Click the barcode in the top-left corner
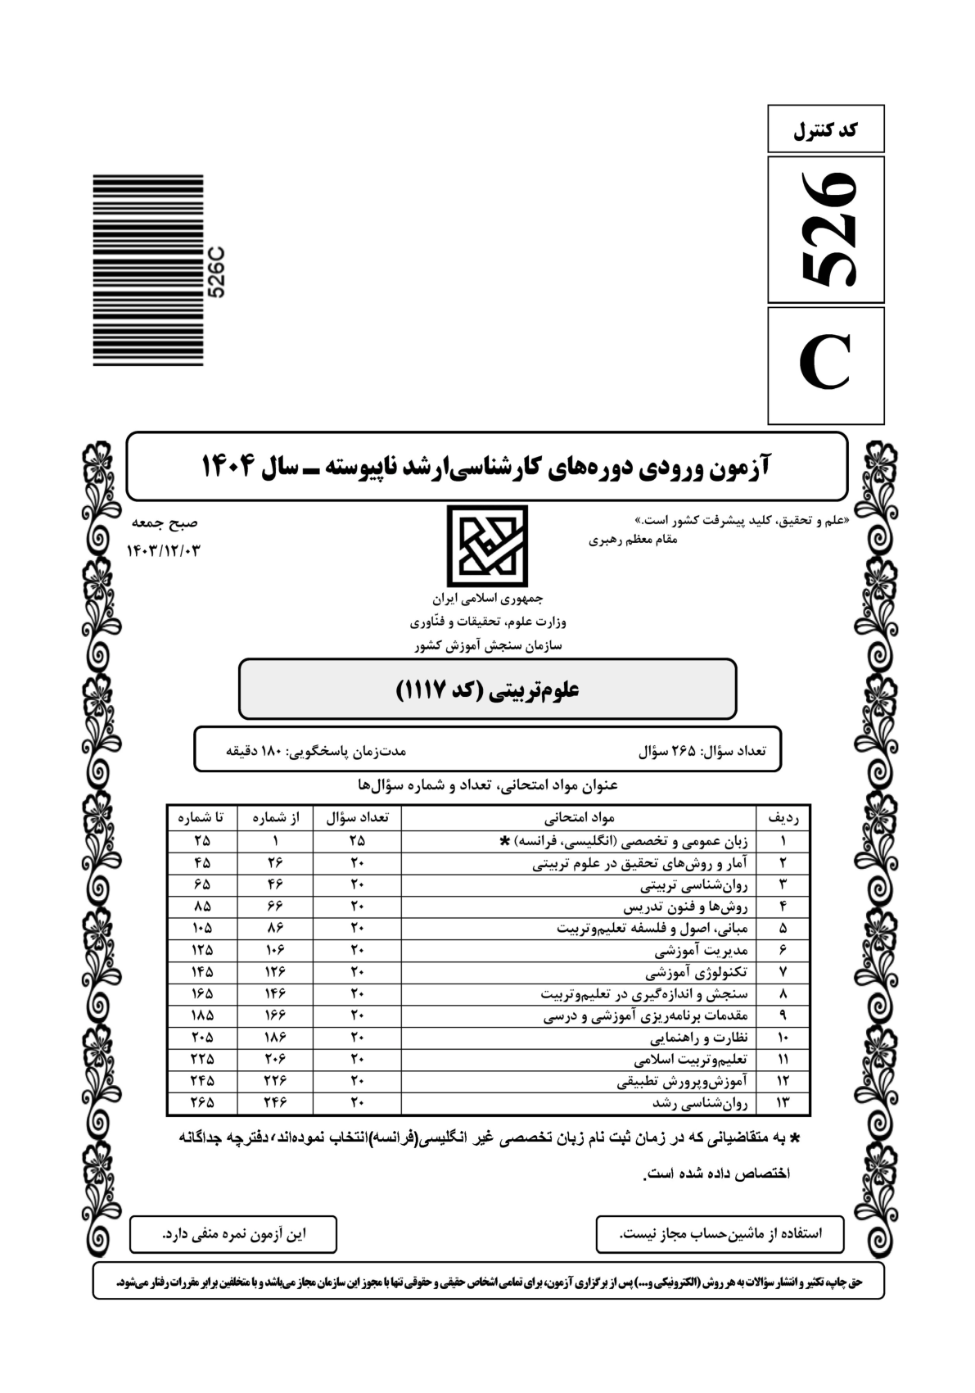click(x=148, y=269)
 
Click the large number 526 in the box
click(x=827, y=229)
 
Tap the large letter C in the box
click(x=826, y=365)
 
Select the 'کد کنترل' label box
click(x=825, y=129)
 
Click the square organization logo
click(x=487, y=545)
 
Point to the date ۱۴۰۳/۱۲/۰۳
click(x=164, y=550)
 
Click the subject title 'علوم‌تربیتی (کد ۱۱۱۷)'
click(x=487, y=690)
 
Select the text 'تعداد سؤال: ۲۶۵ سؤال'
click(x=702, y=749)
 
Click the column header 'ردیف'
click(x=783, y=816)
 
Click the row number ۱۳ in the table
click(x=783, y=1103)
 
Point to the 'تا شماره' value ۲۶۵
click(x=202, y=1103)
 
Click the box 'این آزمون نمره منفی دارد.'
click(x=233, y=1234)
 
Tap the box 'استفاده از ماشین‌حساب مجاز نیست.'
click(x=720, y=1234)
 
